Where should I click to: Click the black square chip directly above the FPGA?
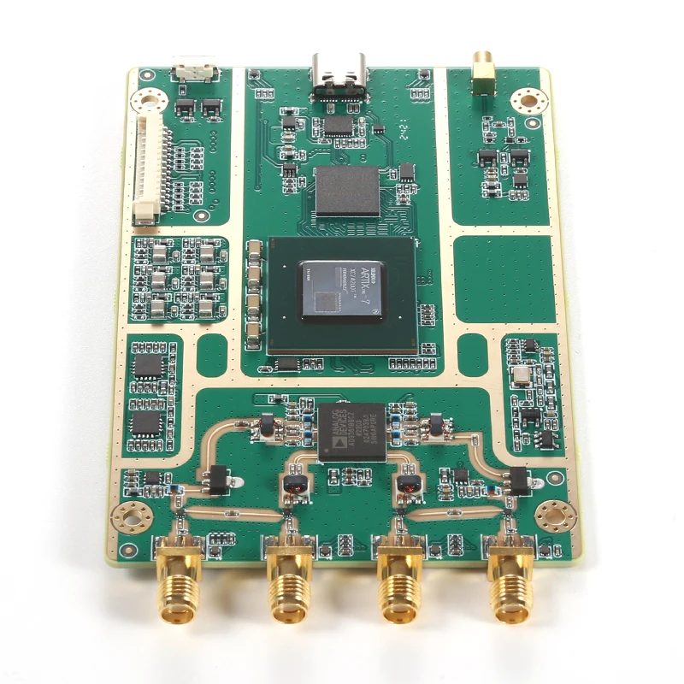347,191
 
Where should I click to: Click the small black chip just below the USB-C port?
339,126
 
